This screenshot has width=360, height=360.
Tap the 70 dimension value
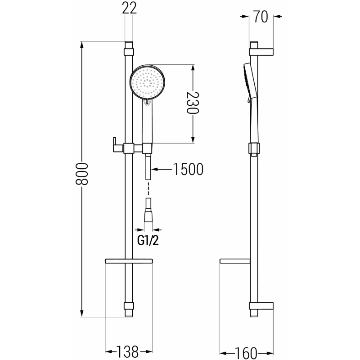pyautogui.click(x=261, y=17)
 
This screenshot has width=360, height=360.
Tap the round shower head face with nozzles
pyautogui.click(x=147, y=82)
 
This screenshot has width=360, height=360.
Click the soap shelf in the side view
pyautogui.click(x=234, y=261)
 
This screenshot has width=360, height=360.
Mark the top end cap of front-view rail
pyautogui.click(x=129, y=46)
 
